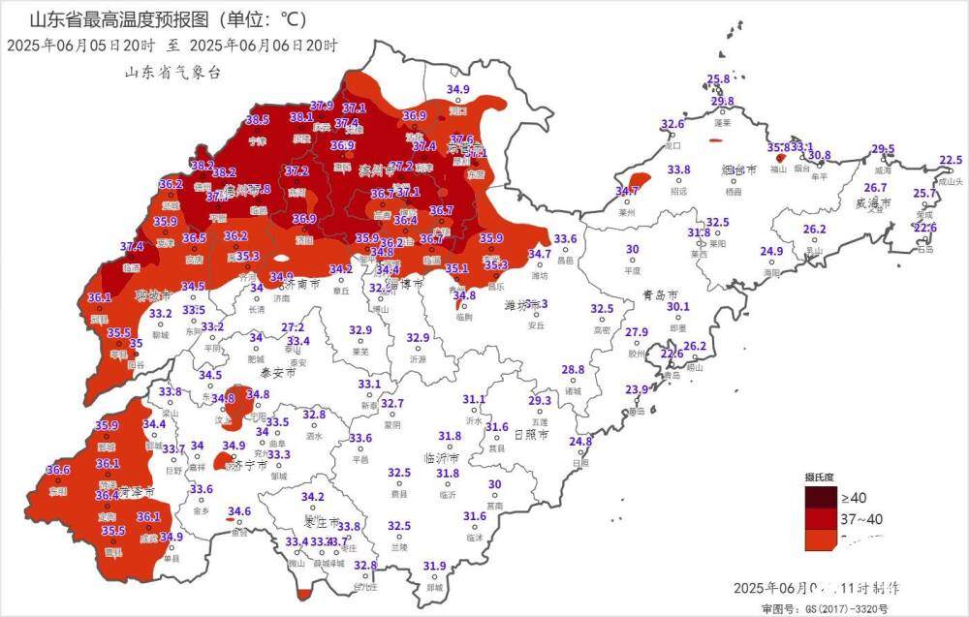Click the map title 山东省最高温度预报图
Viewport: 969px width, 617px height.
[x=116, y=18]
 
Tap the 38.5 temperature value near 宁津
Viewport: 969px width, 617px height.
[x=257, y=120]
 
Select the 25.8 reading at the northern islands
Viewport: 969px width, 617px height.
[x=718, y=79]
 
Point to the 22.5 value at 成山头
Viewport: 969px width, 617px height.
[x=951, y=161]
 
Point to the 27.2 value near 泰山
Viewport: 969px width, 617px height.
[x=293, y=328]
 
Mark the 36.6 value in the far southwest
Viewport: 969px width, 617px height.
[x=58, y=470]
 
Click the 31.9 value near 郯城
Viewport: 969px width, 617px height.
[x=434, y=566]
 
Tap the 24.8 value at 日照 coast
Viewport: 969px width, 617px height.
[x=579, y=442]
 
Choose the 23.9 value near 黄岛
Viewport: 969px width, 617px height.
[x=636, y=389]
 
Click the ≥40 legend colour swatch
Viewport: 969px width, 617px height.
[x=820, y=498]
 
